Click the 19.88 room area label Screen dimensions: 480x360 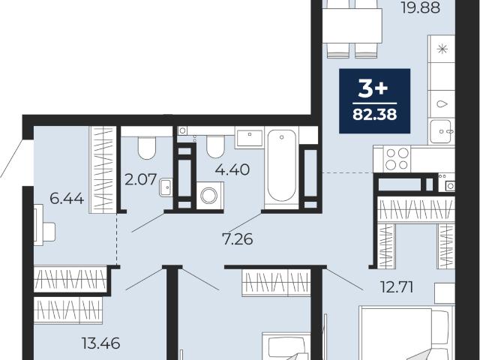(x=420, y=7)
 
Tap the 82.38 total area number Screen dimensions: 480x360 (x=375, y=115)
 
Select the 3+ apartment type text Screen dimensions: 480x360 (x=373, y=89)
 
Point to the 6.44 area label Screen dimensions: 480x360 (x=67, y=199)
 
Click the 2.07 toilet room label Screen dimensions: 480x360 (x=141, y=179)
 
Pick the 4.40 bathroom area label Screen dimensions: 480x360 (x=232, y=169)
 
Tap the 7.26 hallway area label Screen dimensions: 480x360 (x=238, y=239)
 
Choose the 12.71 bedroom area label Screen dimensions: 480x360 (x=397, y=286)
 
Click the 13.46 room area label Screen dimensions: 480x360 (x=100, y=343)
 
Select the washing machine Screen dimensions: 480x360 (x=210, y=196)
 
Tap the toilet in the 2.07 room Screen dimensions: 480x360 (x=147, y=148)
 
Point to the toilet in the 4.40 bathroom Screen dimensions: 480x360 (x=215, y=147)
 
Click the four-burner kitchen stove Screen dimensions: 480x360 (x=397, y=159)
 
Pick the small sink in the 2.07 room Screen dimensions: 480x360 (x=166, y=187)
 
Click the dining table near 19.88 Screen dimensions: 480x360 (x=352, y=25)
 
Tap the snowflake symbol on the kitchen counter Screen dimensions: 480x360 (x=442, y=49)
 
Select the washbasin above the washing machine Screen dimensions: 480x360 (x=249, y=139)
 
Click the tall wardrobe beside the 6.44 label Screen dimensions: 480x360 (x=103, y=169)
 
